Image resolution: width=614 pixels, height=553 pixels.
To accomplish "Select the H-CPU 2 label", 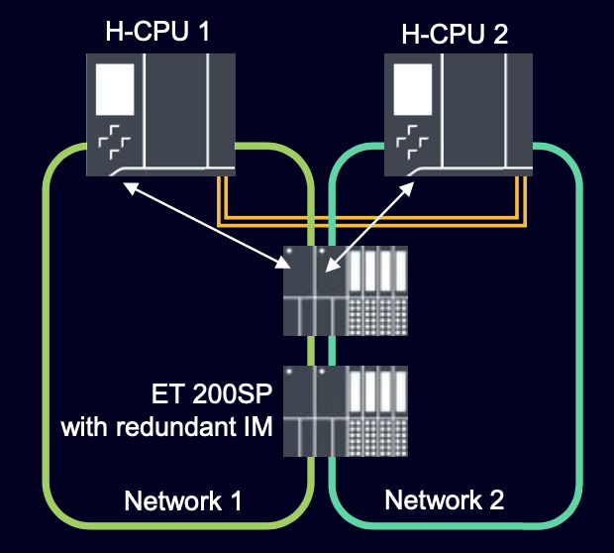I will tap(455, 36).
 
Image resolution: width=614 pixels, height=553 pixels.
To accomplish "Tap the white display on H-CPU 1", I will tap(116, 90).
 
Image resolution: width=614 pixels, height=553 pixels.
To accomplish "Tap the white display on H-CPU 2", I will tap(412, 90).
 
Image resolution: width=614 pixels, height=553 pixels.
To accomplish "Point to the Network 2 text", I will tap(445, 500).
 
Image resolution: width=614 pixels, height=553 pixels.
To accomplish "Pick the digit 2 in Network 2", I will tap(496, 500).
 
